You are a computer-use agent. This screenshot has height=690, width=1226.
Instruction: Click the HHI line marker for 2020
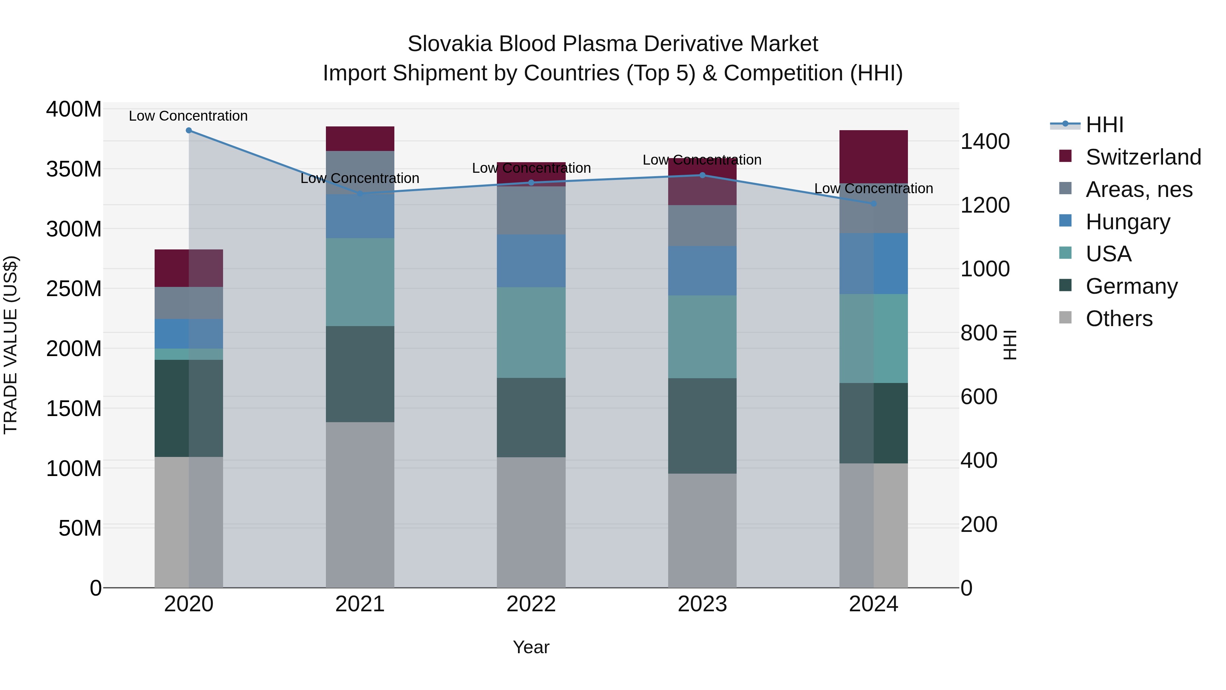pos(189,131)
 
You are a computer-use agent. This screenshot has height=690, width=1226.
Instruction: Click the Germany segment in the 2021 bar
pos(360,374)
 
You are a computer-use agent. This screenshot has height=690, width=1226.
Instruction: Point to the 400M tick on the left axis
pos(74,109)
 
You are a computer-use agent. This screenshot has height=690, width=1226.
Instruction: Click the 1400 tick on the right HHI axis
pos(985,141)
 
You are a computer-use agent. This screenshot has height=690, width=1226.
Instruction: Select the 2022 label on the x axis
pos(531,604)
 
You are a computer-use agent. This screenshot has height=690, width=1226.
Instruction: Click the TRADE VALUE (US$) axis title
pos(11,345)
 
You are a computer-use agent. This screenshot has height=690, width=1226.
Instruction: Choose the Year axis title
pos(531,647)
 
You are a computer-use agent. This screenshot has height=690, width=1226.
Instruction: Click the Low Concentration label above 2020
pos(188,116)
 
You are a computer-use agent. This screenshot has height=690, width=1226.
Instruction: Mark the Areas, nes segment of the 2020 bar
pos(189,303)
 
